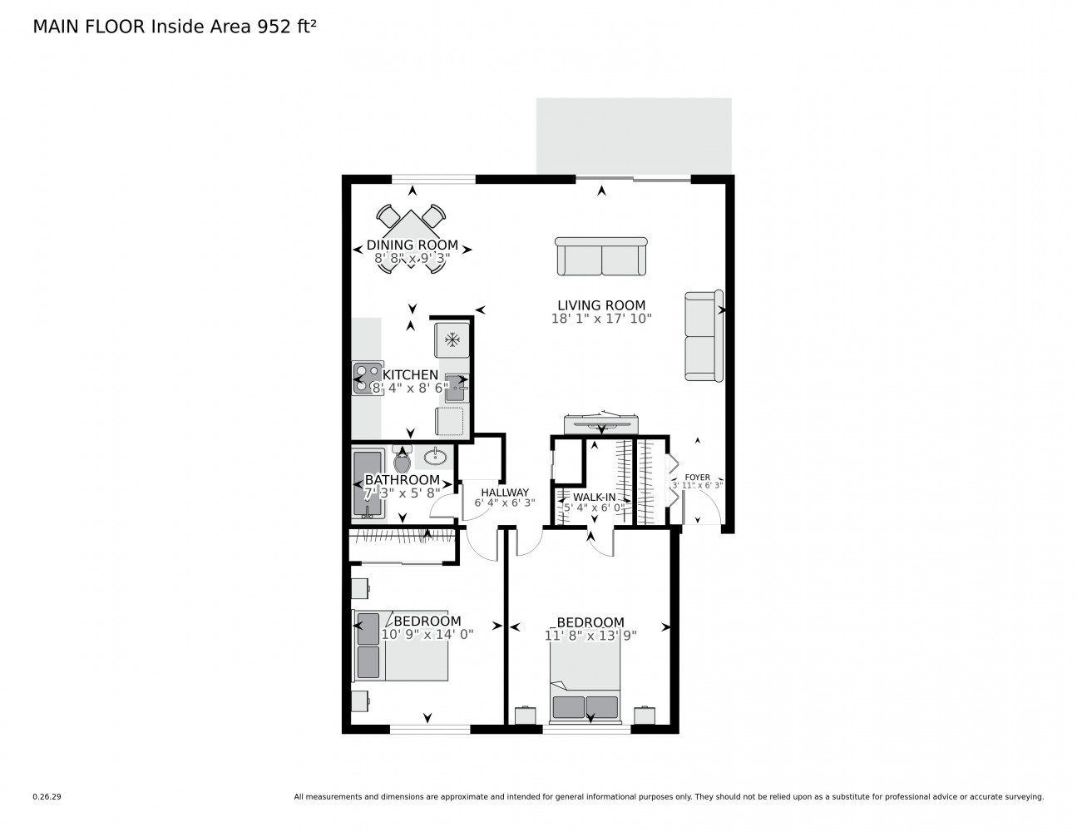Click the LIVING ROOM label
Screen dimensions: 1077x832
(x=601, y=305)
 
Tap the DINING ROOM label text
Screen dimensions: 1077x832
(x=412, y=245)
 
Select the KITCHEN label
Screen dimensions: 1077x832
(x=410, y=375)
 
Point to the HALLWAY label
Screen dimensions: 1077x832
(x=505, y=493)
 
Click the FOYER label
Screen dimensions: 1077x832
(x=697, y=478)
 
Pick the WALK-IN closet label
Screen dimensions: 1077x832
(x=594, y=497)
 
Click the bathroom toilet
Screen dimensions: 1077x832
(x=402, y=459)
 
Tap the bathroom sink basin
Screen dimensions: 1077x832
(x=435, y=456)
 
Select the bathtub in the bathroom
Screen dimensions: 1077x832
(x=368, y=483)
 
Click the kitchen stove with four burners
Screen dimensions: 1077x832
(x=368, y=378)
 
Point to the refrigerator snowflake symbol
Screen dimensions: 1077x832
(x=452, y=339)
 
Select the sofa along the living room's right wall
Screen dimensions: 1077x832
(x=704, y=335)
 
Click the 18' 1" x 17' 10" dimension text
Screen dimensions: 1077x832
(x=601, y=319)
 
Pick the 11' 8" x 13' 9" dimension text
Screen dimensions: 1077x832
(x=590, y=635)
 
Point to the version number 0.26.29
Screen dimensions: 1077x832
(x=47, y=797)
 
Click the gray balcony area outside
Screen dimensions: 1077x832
(x=634, y=136)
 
